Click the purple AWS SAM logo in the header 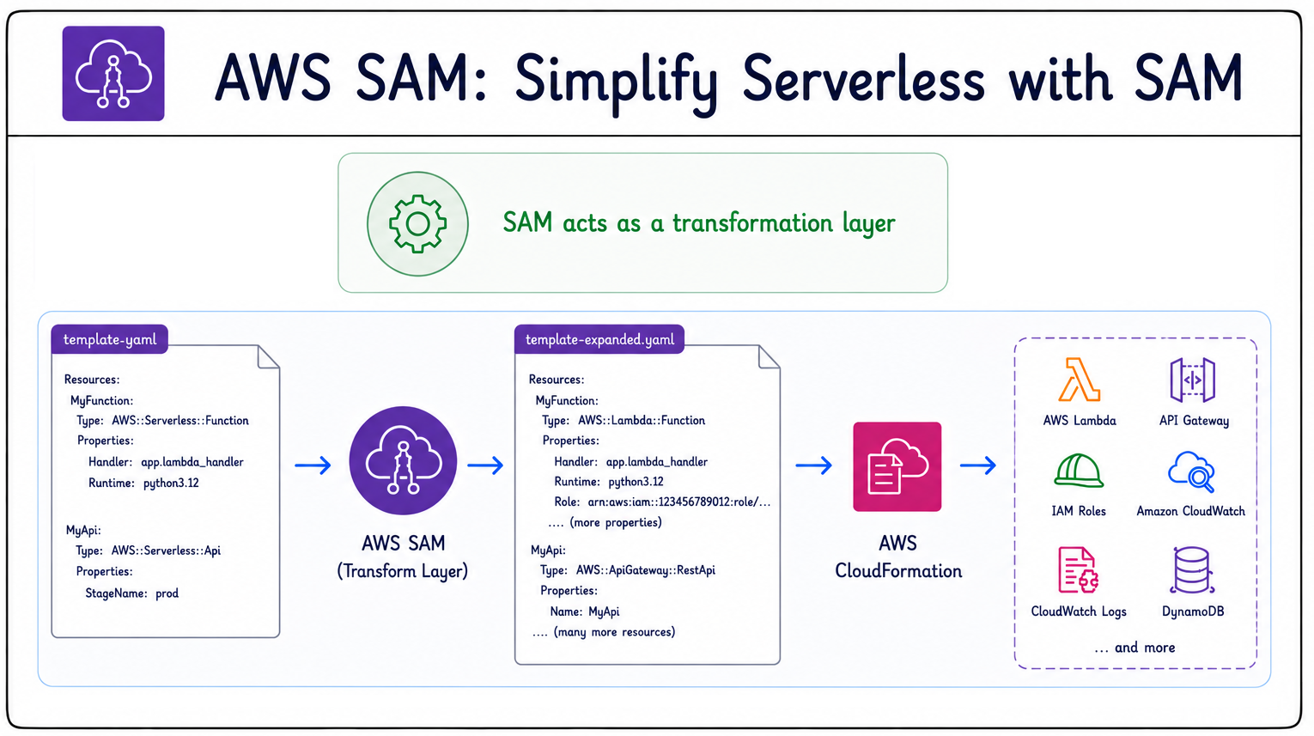(x=113, y=73)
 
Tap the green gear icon (x=417, y=223)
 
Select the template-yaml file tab (x=110, y=339)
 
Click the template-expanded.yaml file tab (x=599, y=339)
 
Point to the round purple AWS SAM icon (x=403, y=460)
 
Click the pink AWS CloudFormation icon (x=897, y=467)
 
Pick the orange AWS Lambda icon (x=1080, y=380)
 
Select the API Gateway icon (x=1193, y=380)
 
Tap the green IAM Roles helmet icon (x=1079, y=471)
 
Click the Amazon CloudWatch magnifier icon (x=1191, y=471)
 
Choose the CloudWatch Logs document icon (x=1078, y=570)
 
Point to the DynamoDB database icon (x=1191, y=570)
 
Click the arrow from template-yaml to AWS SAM (x=313, y=465)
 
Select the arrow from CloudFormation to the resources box (x=978, y=465)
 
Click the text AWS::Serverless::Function (x=180, y=421)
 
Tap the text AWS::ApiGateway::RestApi (x=646, y=570)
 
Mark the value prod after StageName (x=167, y=593)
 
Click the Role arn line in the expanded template (x=662, y=502)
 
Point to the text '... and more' (x=1135, y=648)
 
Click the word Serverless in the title (x=863, y=79)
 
